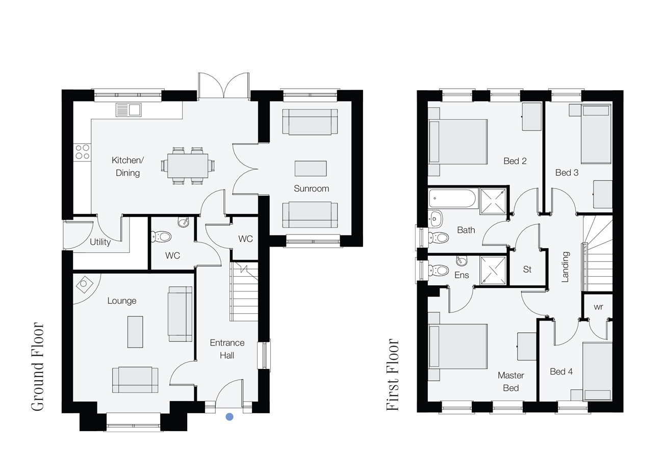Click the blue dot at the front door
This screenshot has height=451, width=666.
point(229,417)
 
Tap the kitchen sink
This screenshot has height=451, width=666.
point(129,110)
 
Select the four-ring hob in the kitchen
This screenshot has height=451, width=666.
point(83,151)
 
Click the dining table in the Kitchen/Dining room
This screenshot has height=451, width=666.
point(188,166)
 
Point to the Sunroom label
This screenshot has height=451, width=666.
point(311,189)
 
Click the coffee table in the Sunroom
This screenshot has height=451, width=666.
point(311,169)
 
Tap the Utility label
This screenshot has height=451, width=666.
point(100,242)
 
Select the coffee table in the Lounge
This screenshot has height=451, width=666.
point(135,332)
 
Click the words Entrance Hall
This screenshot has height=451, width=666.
point(227,349)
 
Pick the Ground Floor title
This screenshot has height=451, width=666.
point(38,367)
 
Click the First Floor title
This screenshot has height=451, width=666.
point(393,375)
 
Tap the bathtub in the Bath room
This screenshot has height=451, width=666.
point(453,198)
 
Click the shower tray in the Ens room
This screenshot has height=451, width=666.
point(493,271)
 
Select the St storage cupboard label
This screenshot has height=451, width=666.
point(527,270)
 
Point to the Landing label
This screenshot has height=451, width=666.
point(565,267)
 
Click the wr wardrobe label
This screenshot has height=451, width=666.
point(598,307)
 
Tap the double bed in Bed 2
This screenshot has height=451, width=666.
point(458,142)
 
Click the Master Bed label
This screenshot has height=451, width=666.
point(511,382)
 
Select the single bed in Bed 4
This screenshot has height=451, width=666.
point(597,372)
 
